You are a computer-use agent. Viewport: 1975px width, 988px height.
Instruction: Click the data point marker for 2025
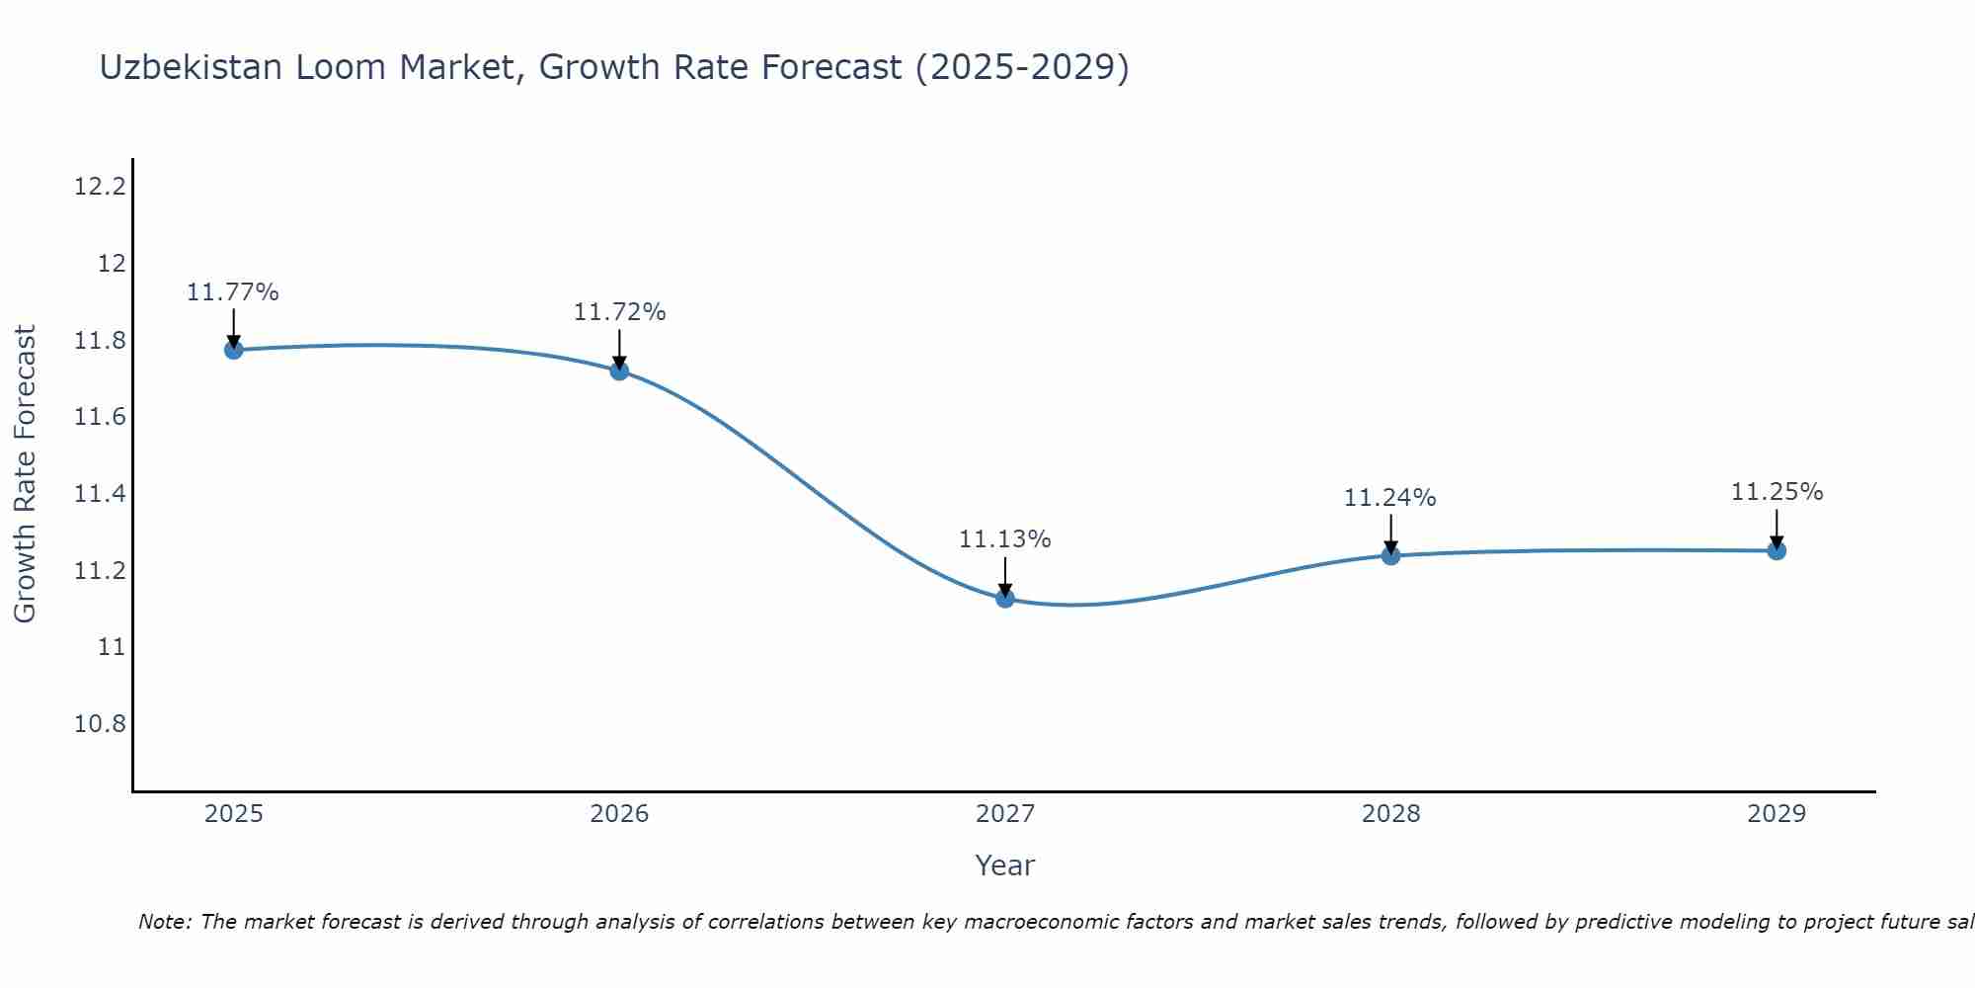[x=234, y=350]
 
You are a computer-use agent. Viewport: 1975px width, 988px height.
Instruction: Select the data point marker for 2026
[x=619, y=370]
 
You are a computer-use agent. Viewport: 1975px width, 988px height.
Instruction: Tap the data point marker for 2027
[x=1005, y=598]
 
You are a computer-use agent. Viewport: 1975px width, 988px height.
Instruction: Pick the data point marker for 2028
[x=1390, y=555]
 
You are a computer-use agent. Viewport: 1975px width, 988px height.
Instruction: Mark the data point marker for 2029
[x=1777, y=550]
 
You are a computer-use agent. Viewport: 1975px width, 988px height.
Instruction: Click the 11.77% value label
[x=233, y=292]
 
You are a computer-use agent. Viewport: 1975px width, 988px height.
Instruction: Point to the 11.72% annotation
[x=619, y=312]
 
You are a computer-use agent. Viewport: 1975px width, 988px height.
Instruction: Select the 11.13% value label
[x=1005, y=539]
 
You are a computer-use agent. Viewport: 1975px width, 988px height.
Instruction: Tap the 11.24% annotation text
[x=1389, y=498]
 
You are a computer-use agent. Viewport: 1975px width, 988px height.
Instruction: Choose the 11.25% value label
[x=1777, y=492]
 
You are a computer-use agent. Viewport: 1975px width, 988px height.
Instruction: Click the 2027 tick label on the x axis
[x=1005, y=814]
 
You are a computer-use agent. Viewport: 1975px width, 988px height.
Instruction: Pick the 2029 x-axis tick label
[x=1777, y=814]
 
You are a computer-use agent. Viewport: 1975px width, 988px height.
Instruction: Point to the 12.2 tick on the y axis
[x=101, y=187]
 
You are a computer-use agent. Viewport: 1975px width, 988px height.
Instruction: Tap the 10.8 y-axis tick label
[x=101, y=724]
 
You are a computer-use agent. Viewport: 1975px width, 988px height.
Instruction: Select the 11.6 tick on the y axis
[x=101, y=417]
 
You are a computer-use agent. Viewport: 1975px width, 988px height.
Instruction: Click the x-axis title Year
[x=1005, y=865]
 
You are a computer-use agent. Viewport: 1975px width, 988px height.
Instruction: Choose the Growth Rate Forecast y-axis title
[x=25, y=473]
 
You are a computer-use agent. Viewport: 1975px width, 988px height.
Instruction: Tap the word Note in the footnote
[x=163, y=922]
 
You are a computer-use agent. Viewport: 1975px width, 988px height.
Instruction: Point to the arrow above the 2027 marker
[x=1005, y=576]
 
